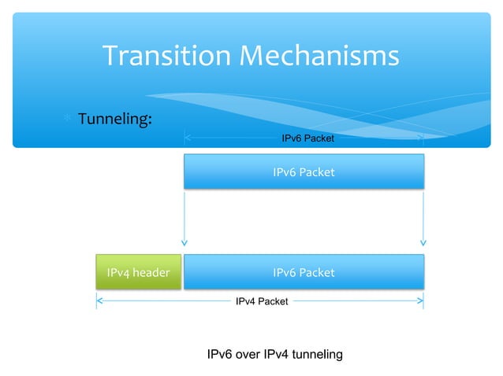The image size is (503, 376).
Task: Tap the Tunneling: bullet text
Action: pos(114,119)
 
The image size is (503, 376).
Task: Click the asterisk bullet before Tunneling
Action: pos(69,119)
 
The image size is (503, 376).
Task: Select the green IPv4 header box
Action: pos(139,272)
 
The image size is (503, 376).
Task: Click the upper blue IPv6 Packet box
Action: pos(304,171)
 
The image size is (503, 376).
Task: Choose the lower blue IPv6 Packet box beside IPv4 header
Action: pos(304,272)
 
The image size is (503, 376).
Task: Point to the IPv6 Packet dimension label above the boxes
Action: pos(307,138)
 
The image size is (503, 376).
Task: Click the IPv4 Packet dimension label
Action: pos(262,300)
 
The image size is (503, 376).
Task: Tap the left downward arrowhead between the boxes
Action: pos(184,241)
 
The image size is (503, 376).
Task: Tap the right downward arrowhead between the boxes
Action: pos(423,241)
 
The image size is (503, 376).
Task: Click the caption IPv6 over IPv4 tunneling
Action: pos(274,355)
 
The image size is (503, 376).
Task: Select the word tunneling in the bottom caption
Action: pos(317,355)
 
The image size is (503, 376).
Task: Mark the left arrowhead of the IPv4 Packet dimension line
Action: pos(99,300)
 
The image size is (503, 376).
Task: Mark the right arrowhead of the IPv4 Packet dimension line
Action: pos(421,300)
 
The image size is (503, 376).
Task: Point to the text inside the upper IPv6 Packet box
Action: pos(304,171)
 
